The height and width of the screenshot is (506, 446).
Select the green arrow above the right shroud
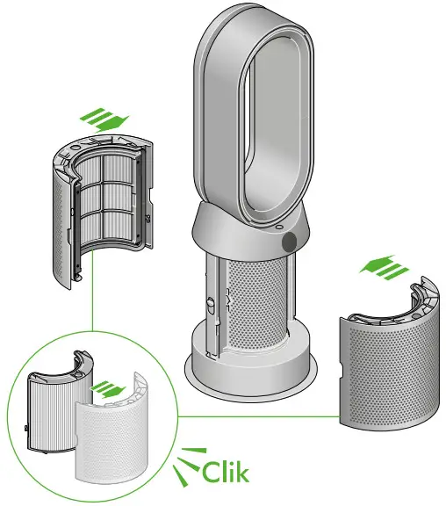point(385,266)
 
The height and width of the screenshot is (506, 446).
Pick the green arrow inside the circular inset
point(107,387)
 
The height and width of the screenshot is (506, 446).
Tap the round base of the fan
point(250,369)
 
